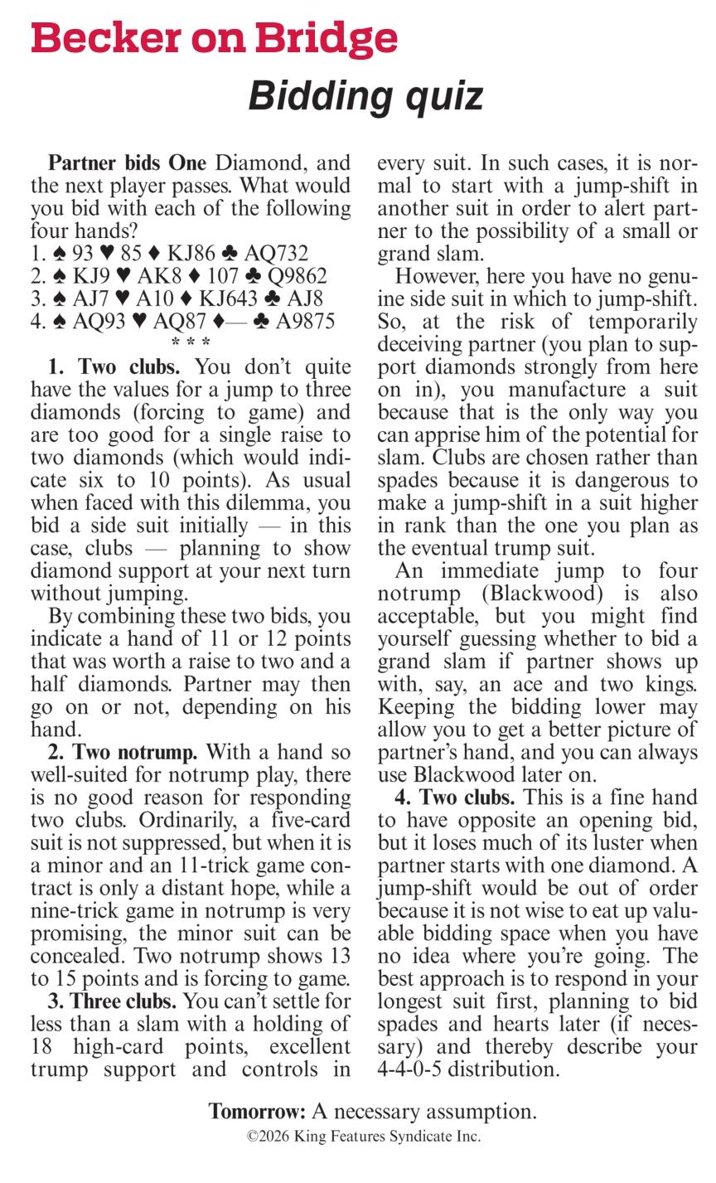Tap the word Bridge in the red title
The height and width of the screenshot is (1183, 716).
tap(327, 38)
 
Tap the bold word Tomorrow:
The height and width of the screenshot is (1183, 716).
tap(257, 1112)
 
